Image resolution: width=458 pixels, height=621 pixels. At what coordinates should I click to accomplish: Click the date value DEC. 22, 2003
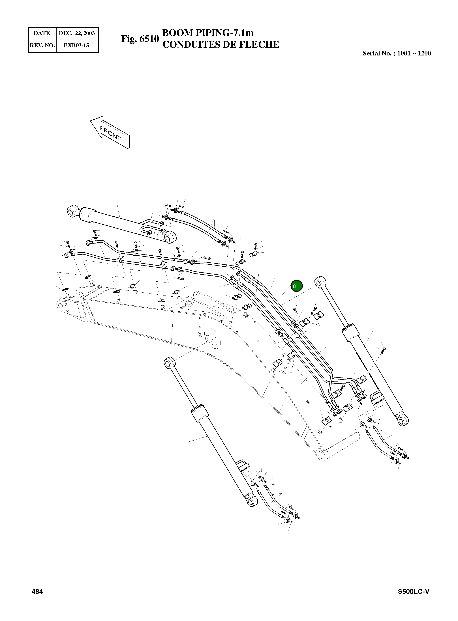tap(77, 33)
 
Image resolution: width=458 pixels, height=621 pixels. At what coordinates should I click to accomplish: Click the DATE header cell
tap(42, 33)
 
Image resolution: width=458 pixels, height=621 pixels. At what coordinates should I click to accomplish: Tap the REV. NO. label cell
tap(42, 45)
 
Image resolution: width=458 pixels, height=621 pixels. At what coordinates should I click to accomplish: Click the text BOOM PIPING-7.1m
tap(208, 33)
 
